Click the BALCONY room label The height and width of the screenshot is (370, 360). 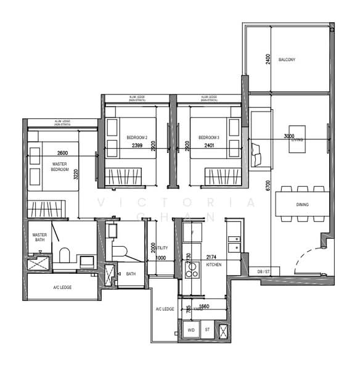click(287, 60)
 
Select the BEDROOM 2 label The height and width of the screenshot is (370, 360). click(137, 137)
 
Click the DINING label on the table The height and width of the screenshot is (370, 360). click(302, 204)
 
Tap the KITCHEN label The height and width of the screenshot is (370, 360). click(213, 264)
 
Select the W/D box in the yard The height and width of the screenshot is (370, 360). click(190, 330)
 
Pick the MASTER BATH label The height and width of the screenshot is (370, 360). click(39, 238)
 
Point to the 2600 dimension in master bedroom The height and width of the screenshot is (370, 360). click(62, 152)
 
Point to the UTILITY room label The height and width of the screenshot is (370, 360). click(162, 246)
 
